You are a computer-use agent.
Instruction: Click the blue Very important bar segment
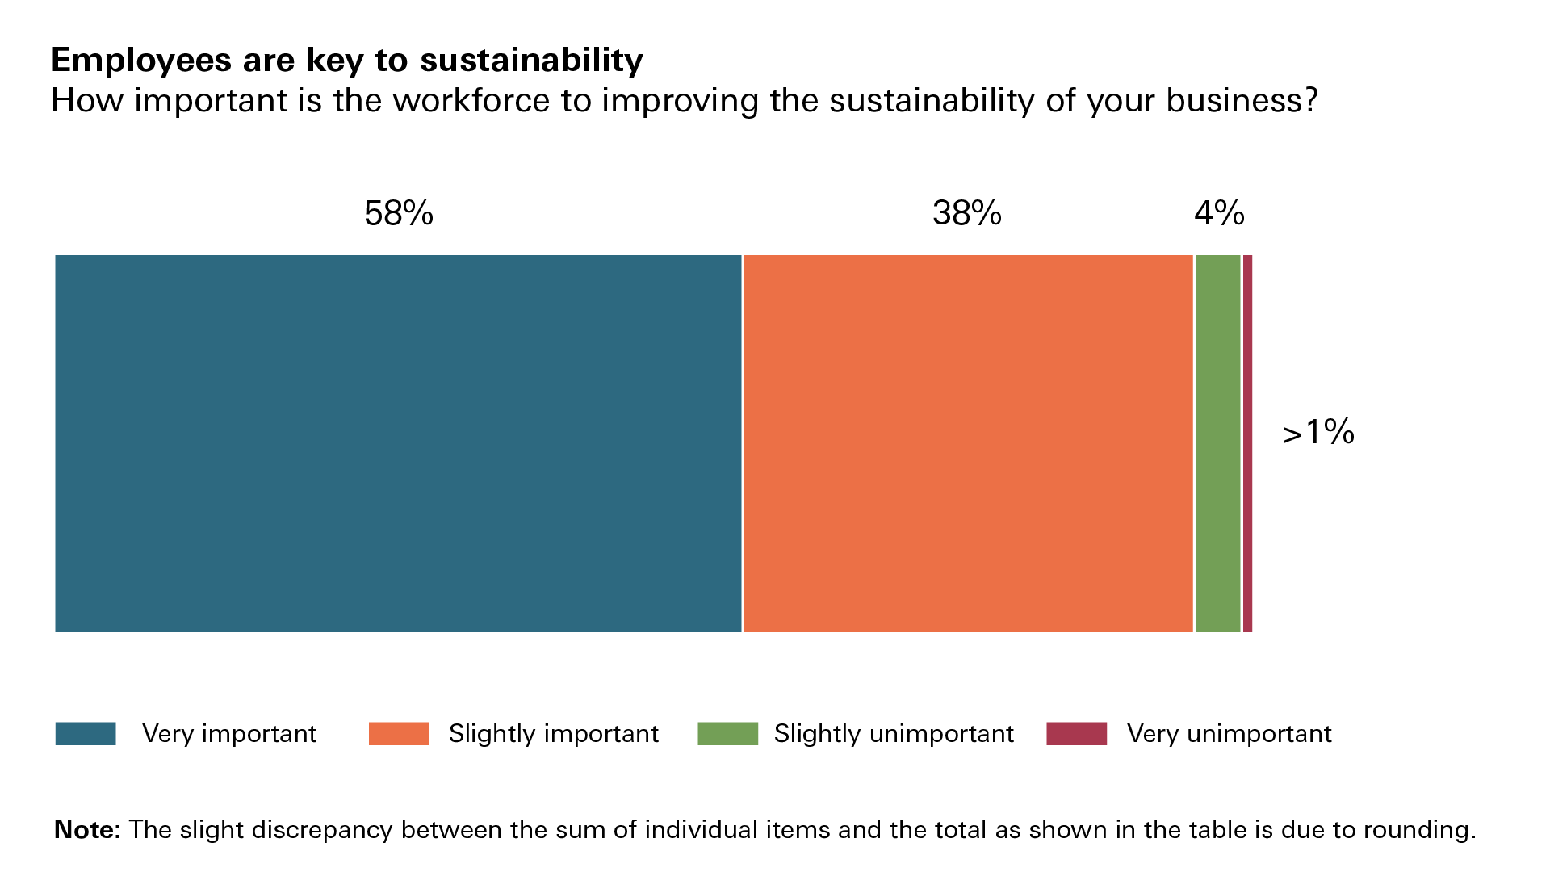coord(398,443)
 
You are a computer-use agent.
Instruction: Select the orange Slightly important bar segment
coord(968,443)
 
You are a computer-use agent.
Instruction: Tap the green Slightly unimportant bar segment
coord(1217,443)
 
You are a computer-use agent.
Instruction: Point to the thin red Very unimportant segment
coord(1247,443)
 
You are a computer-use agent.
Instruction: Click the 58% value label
coord(399,213)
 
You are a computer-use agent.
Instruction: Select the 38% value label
coord(967,213)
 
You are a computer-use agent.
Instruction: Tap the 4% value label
coord(1219,213)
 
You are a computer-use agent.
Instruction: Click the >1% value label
coord(1318,433)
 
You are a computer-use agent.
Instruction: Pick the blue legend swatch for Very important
coord(86,733)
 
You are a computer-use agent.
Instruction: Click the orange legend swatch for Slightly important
coord(399,733)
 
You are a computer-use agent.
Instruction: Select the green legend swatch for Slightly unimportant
coord(727,733)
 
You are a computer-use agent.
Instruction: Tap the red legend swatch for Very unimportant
coord(1076,733)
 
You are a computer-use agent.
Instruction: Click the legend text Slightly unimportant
coord(894,733)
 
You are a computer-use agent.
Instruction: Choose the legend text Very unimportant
coord(1229,733)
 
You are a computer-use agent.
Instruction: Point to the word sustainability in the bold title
coord(531,61)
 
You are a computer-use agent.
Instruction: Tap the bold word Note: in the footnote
coord(87,829)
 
